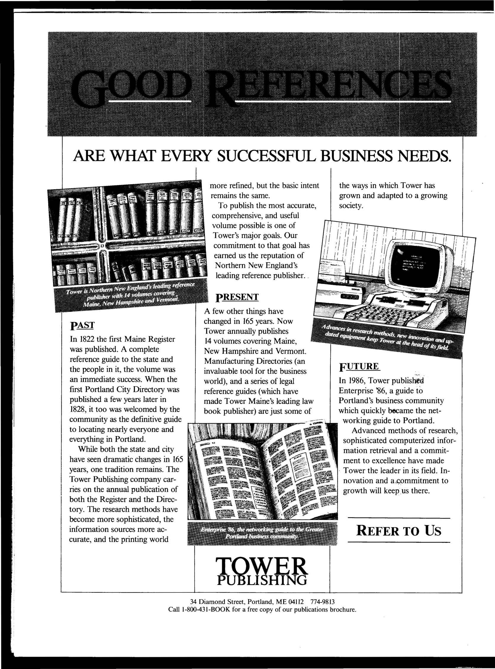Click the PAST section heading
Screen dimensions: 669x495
click(82, 325)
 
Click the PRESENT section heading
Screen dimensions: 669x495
click(237, 297)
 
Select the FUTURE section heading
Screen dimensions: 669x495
click(359, 367)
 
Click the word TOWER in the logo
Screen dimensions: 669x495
click(262, 566)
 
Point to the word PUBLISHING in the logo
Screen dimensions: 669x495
click(262, 580)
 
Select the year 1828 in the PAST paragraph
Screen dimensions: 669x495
click(76, 409)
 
